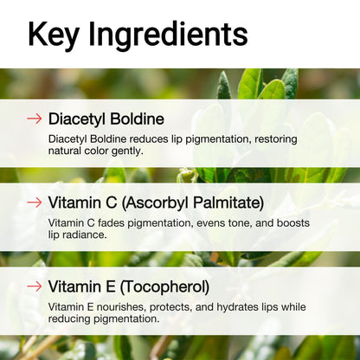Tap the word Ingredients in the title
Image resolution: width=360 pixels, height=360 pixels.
(x=170, y=35)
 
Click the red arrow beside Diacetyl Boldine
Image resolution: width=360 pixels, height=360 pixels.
(x=34, y=119)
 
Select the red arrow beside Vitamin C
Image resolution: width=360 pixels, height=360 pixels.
(x=34, y=202)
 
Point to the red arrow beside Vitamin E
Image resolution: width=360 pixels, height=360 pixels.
(x=34, y=286)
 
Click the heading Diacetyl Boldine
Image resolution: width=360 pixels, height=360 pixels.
(x=106, y=119)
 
